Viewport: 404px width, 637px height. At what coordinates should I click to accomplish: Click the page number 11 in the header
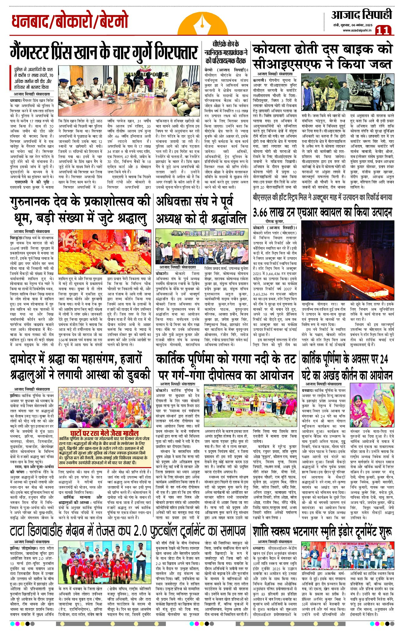coord(383,30)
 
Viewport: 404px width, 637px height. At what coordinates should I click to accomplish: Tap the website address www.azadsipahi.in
coord(357,30)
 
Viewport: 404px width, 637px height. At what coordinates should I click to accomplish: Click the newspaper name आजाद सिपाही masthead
coord(361,15)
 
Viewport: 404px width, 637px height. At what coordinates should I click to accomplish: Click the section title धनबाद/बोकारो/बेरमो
coord(70,21)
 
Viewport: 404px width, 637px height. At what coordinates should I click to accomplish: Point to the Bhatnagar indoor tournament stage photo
coord(348,555)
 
